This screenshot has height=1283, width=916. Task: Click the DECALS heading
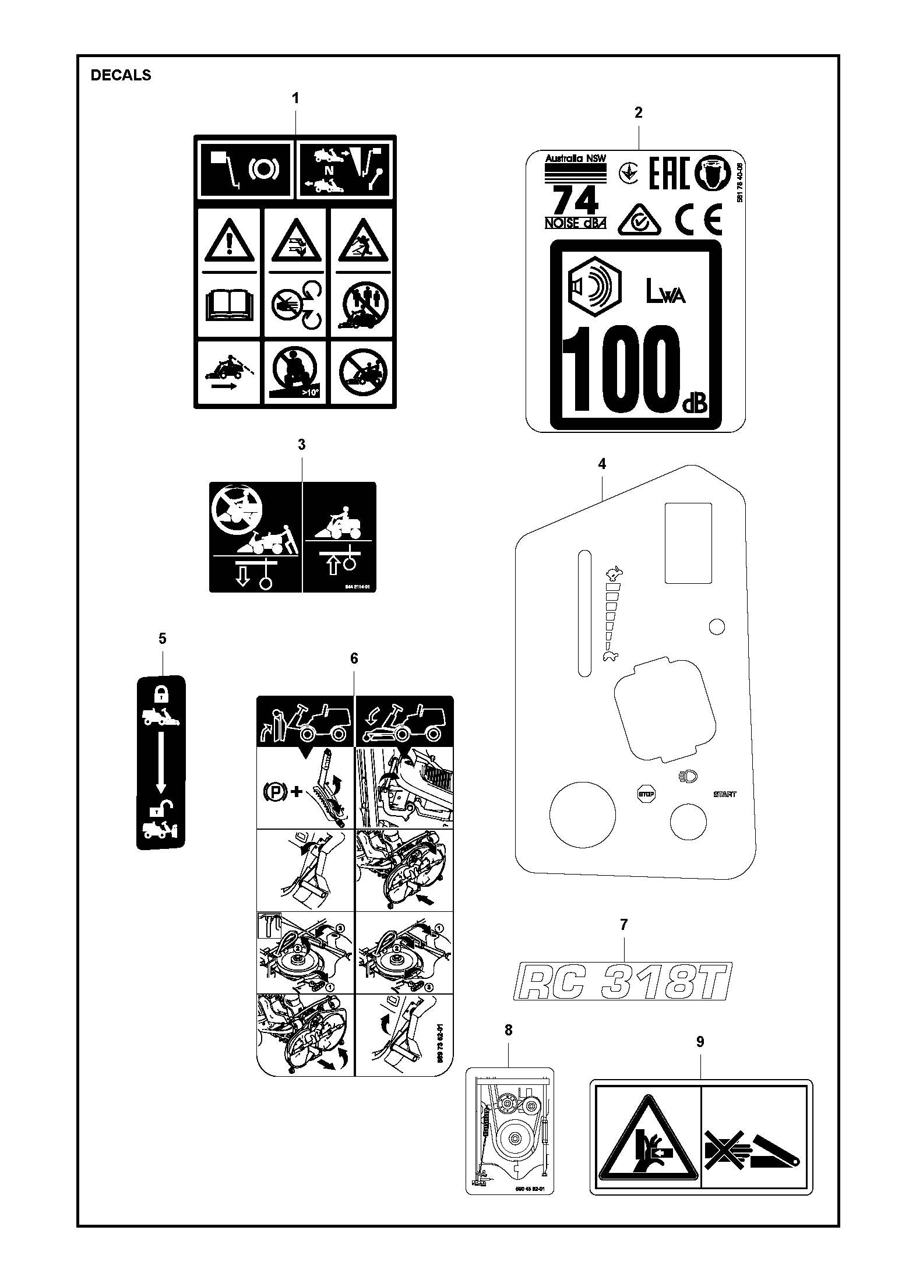pyautogui.click(x=121, y=75)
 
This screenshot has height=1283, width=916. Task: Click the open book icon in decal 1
pyautogui.click(x=230, y=305)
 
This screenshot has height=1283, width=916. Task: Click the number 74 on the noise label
pyautogui.click(x=575, y=201)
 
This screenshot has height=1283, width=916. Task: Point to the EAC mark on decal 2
pyautogui.click(x=669, y=173)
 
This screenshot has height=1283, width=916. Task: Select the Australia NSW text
pyautogui.click(x=575, y=158)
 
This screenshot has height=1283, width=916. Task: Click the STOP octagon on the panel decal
pyautogui.click(x=646, y=794)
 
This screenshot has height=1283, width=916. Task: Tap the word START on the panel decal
pyautogui.click(x=724, y=794)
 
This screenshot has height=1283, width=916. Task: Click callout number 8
pyautogui.click(x=508, y=1030)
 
